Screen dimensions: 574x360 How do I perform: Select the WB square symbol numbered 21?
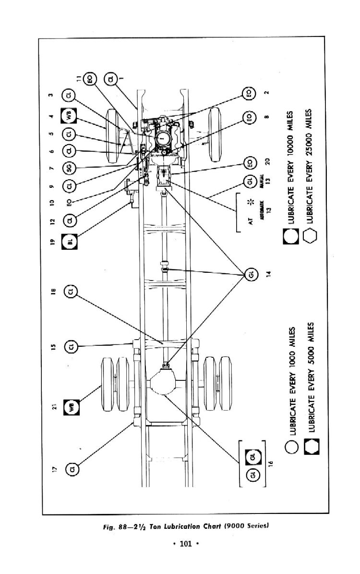[72, 407]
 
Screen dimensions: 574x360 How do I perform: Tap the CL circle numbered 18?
[72, 292]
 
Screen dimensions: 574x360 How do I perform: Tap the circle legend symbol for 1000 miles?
[290, 446]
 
